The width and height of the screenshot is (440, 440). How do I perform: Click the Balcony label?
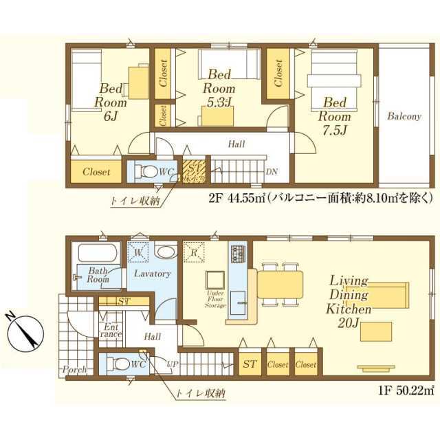404,116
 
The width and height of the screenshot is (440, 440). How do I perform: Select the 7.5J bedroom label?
335,114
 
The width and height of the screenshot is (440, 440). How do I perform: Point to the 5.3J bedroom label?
221,89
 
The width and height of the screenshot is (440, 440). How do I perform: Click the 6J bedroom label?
111,100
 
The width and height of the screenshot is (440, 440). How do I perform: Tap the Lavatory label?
151,274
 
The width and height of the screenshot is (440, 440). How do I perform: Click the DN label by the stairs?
272,171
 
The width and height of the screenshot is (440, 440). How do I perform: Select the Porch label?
74,370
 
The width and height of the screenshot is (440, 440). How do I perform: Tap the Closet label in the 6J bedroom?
96,172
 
